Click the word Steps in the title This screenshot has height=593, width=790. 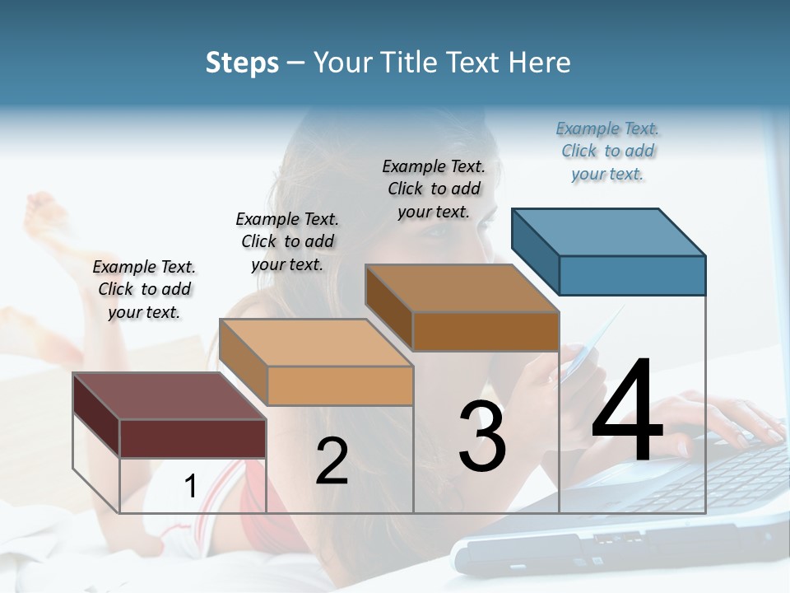point(242,63)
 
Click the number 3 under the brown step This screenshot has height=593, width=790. point(482,437)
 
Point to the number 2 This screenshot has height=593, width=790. point(332,461)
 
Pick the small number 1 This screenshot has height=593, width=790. point(190,487)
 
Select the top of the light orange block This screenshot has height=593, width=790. point(316,342)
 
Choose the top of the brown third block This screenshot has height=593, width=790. point(462,287)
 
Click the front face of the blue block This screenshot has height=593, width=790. point(632,275)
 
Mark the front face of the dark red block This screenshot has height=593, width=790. point(193,438)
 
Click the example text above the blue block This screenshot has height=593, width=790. point(607,152)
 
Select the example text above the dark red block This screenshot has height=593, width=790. point(144,289)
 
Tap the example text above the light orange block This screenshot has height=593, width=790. point(287,241)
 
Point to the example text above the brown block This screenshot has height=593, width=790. point(434,189)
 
